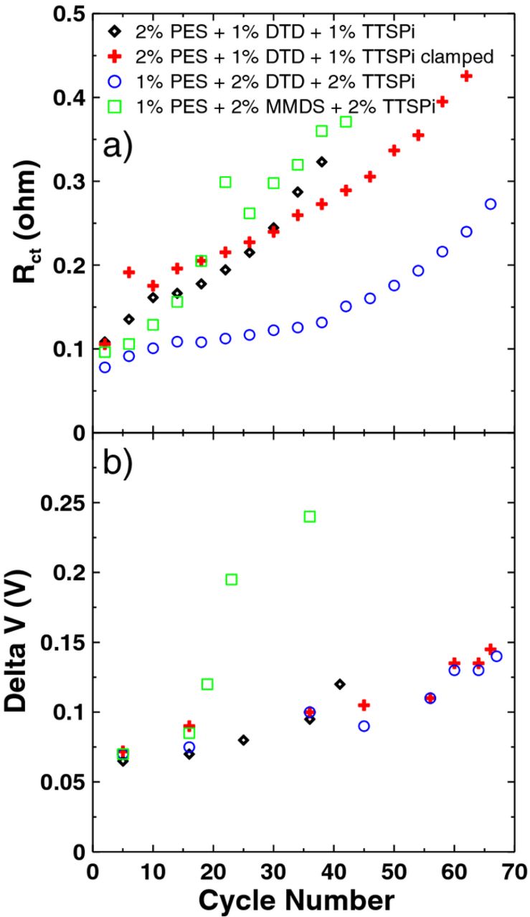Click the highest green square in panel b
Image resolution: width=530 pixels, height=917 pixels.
pyautogui.click(x=310, y=517)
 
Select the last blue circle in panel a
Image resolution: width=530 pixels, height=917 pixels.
pyautogui.click(x=491, y=204)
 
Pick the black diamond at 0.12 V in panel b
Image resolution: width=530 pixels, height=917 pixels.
pyautogui.click(x=339, y=684)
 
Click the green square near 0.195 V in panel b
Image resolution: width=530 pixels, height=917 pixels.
pyautogui.click(x=232, y=579)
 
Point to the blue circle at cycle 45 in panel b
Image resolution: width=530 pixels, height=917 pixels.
pyautogui.click(x=364, y=726)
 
